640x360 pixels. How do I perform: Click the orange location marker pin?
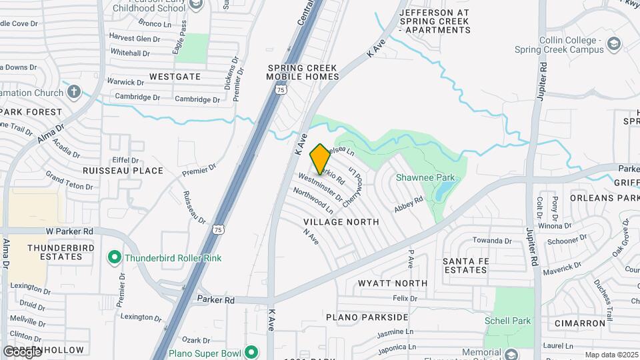320,159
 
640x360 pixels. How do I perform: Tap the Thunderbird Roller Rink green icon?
114,257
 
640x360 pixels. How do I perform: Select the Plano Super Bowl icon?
251,352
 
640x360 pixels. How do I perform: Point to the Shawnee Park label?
425,177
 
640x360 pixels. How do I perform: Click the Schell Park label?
509,321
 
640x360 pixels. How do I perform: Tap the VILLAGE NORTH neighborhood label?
341,221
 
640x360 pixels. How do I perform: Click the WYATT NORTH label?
392,283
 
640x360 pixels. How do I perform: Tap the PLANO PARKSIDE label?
367,317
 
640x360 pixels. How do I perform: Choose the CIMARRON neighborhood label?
579,323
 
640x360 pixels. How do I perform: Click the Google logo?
22,351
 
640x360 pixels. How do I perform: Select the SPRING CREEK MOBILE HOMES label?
302,72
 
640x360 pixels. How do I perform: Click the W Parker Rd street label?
69,231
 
